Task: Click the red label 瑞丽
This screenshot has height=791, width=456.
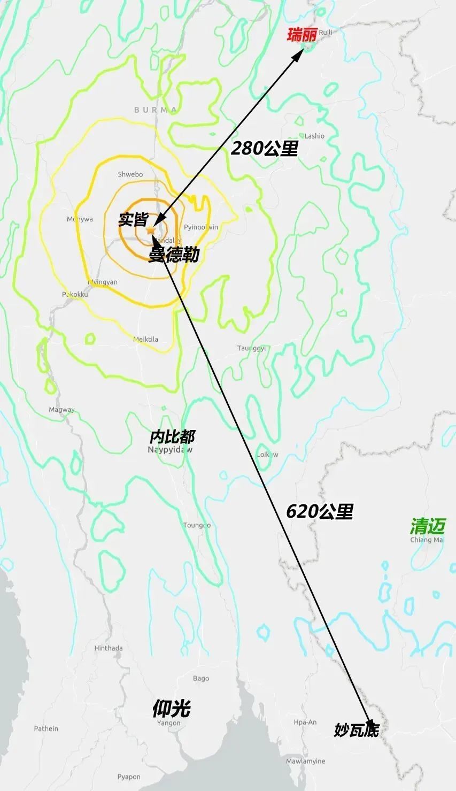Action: tap(302, 35)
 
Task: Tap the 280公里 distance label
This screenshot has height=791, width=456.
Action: tap(264, 148)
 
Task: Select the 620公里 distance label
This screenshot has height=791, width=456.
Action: tap(320, 511)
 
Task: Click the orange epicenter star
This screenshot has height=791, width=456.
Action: tap(151, 229)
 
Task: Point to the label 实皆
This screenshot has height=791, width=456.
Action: tap(133, 219)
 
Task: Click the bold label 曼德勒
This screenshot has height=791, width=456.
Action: tap(174, 255)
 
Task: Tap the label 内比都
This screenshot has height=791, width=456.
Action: tap(172, 436)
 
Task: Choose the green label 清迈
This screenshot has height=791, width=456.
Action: tap(427, 526)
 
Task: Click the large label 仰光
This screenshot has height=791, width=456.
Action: tap(171, 709)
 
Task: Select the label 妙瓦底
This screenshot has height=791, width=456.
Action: tap(357, 729)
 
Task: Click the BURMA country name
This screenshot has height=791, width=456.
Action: tap(156, 110)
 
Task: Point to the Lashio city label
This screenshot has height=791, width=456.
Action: tap(314, 136)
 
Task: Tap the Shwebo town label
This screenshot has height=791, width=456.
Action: tap(130, 174)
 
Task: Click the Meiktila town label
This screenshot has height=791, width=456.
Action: tap(145, 339)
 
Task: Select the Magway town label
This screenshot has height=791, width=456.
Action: tap(62, 410)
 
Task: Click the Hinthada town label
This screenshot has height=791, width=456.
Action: tap(109, 648)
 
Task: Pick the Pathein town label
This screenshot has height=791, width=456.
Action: tap(46, 728)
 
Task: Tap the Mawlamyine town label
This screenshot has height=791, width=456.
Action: tap(305, 761)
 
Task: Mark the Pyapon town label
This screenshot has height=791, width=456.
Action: tap(129, 777)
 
